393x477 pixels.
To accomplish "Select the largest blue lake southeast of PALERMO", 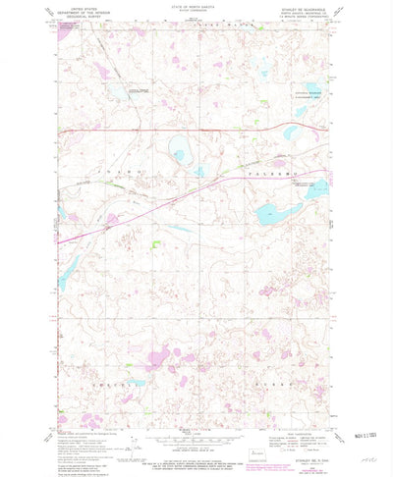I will pos(271,211).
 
